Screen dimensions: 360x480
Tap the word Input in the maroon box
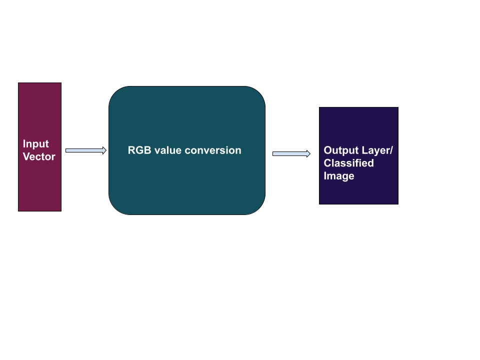click(x=36, y=144)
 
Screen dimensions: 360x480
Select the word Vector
click(x=39, y=157)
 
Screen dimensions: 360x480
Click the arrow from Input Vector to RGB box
click(x=85, y=150)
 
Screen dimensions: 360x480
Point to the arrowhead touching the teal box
click(x=104, y=150)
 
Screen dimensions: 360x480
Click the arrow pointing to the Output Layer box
click(x=290, y=154)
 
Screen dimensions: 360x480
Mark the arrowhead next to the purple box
click(x=308, y=154)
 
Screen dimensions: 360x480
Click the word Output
click(x=340, y=150)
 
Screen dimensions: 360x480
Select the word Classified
click(x=348, y=163)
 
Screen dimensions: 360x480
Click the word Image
click(x=339, y=176)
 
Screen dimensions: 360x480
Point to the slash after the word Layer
click(x=391, y=150)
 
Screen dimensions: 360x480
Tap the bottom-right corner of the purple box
click(x=397, y=203)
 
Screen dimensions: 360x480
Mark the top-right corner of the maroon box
click(x=60, y=84)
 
